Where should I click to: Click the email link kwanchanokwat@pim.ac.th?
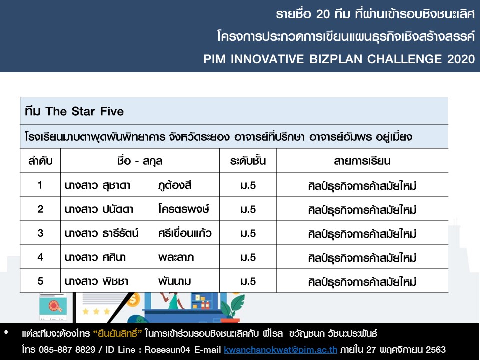[280, 350]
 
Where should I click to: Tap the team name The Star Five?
[85, 111]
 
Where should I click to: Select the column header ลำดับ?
[40, 161]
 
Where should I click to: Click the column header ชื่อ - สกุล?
[140, 161]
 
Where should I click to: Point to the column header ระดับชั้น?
[248, 161]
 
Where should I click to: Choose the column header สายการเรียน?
[362, 161]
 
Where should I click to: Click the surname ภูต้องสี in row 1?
[175, 185]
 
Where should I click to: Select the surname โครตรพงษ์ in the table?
[184, 209]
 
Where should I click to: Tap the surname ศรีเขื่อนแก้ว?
[185, 233]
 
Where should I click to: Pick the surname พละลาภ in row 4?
[176, 257]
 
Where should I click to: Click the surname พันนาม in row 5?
[175, 281]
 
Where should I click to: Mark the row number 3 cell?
[40, 233]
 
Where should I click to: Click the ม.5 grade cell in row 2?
[248, 209]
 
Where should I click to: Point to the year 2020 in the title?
[461, 59]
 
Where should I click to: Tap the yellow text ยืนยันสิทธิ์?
[118, 333]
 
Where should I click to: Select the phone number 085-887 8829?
[67, 350]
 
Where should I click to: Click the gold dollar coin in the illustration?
[134, 300]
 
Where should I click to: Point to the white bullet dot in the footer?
[6, 332]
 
